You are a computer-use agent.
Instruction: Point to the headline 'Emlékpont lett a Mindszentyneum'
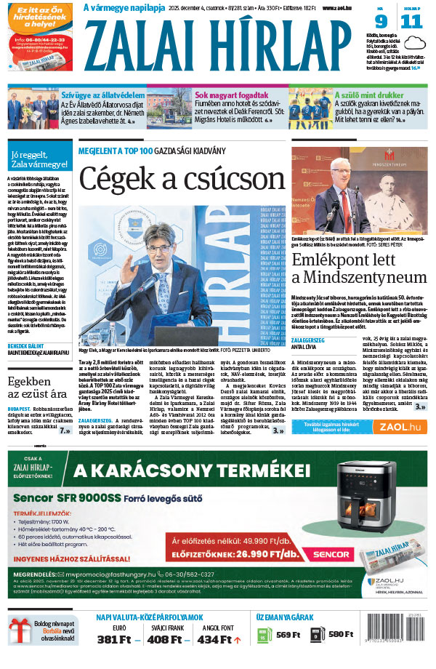coord(359,268)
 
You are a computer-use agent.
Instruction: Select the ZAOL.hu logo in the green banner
coord(402,427)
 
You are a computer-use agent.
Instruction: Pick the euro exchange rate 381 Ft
coord(113,639)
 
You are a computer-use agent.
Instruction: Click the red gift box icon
coord(20,631)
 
